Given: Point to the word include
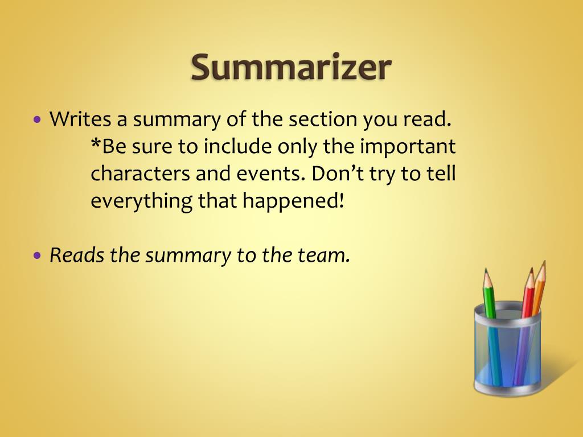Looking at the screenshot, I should click(x=237, y=147).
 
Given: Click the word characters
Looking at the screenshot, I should click(x=140, y=174).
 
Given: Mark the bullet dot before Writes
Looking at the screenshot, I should click(x=38, y=121).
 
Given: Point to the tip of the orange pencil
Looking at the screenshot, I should click(x=544, y=262).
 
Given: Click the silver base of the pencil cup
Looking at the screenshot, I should click(x=507, y=389).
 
